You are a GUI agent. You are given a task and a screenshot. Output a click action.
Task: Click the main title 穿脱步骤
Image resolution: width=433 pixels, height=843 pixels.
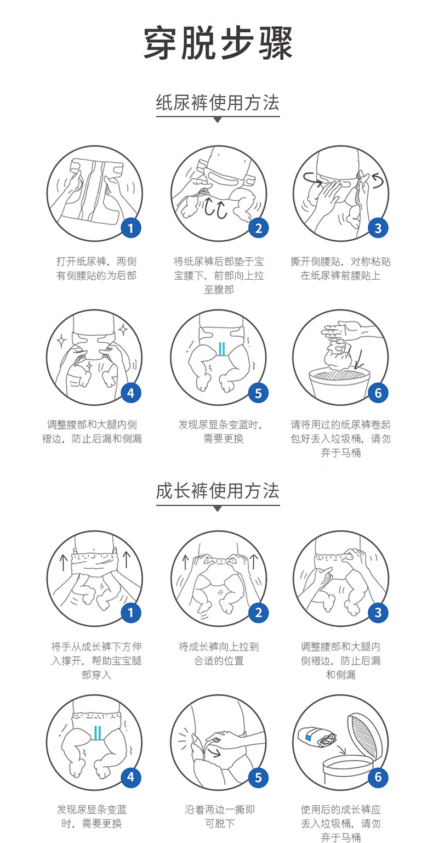coord(218,43)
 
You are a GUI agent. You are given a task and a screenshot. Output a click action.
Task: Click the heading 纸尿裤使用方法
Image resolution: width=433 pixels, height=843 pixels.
coord(218,103)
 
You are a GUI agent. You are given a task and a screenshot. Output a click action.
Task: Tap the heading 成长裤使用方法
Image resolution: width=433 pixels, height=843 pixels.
coord(218,491)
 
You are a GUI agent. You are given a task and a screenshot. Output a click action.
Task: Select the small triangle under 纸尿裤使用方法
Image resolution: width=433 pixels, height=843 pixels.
coord(218,120)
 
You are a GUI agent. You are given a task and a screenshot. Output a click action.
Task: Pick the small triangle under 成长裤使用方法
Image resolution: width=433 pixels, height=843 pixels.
coord(218,508)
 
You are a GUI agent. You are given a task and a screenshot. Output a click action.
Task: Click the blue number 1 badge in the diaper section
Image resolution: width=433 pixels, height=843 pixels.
coord(130,228)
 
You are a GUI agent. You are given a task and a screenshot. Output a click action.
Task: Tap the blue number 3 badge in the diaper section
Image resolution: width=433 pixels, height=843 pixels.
coord(378,228)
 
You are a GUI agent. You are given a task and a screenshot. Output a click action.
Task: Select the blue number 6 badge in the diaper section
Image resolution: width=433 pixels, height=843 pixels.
coord(378,393)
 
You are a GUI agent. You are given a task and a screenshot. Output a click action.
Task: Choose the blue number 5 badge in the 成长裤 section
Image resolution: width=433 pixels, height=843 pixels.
coord(258,777)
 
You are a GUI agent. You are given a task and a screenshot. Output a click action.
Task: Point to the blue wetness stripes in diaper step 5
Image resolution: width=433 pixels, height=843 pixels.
coord(221,349)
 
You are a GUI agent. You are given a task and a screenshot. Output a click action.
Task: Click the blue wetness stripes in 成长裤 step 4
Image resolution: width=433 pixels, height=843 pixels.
coord(98,732)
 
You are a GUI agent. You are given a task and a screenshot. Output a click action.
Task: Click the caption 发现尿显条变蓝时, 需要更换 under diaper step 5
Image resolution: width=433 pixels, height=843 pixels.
coord(220,431)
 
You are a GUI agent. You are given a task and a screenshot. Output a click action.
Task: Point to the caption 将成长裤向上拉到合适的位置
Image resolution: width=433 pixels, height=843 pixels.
coord(219,653)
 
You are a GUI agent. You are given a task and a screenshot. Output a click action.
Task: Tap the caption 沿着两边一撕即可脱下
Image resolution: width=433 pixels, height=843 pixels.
coord(220,816)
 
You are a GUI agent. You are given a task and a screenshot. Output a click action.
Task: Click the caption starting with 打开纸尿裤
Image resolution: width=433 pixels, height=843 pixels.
coord(96,268)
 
